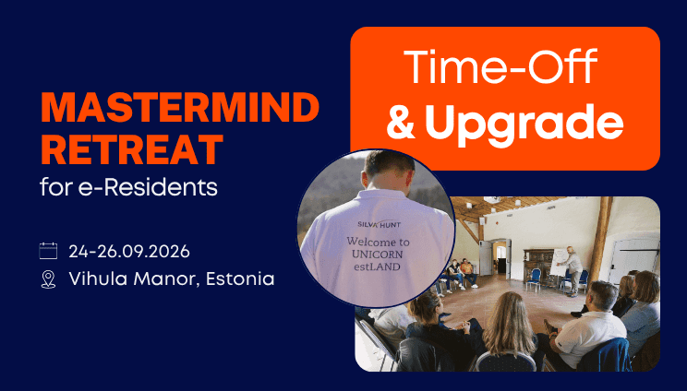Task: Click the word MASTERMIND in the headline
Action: [x=180, y=108]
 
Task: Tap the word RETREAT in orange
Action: [x=132, y=149]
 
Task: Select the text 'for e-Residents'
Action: [x=129, y=187]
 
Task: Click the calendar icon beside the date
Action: [x=48, y=251]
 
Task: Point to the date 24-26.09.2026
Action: [x=129, y=252]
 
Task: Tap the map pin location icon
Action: [x=48, y=279]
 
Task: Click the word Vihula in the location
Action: [x=98, y=278]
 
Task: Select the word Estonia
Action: [x=240, y=278]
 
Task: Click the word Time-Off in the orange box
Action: [x=500, y=66]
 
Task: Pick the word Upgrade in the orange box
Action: [x=524, y=123]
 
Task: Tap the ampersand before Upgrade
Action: [x=401, y=122]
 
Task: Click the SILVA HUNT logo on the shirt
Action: [x=379, y=224]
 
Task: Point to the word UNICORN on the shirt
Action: [x=378, y=255]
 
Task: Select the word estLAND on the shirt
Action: [x=378, y=267]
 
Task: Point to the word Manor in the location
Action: [x=166, y=278]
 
